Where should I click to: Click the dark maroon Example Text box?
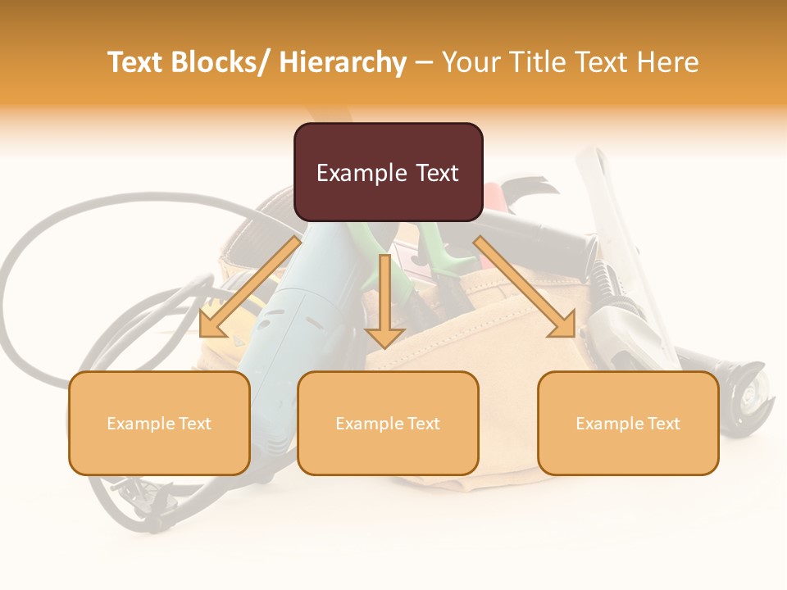point(388,172)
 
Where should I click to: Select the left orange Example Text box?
point(159,423)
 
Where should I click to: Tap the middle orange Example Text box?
point(388,423)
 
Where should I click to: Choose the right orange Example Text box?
point(628,423)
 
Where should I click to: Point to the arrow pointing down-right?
point(525,287)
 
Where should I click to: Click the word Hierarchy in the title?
point(343,62)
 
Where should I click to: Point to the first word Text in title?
point(137,62)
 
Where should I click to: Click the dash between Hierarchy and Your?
point(424,63)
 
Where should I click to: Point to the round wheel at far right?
point(748,393)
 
